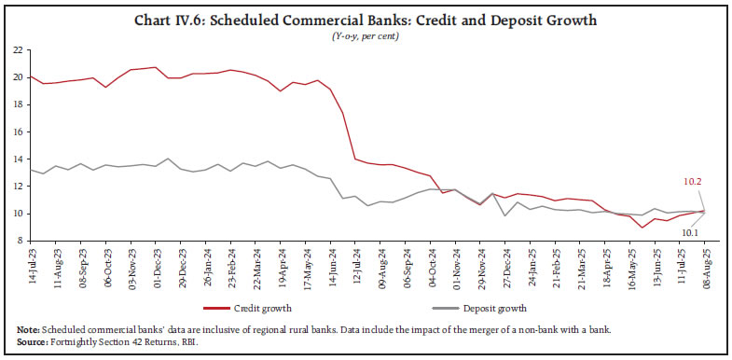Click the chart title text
coord(366,20)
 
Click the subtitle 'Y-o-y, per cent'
coord(366,35)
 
